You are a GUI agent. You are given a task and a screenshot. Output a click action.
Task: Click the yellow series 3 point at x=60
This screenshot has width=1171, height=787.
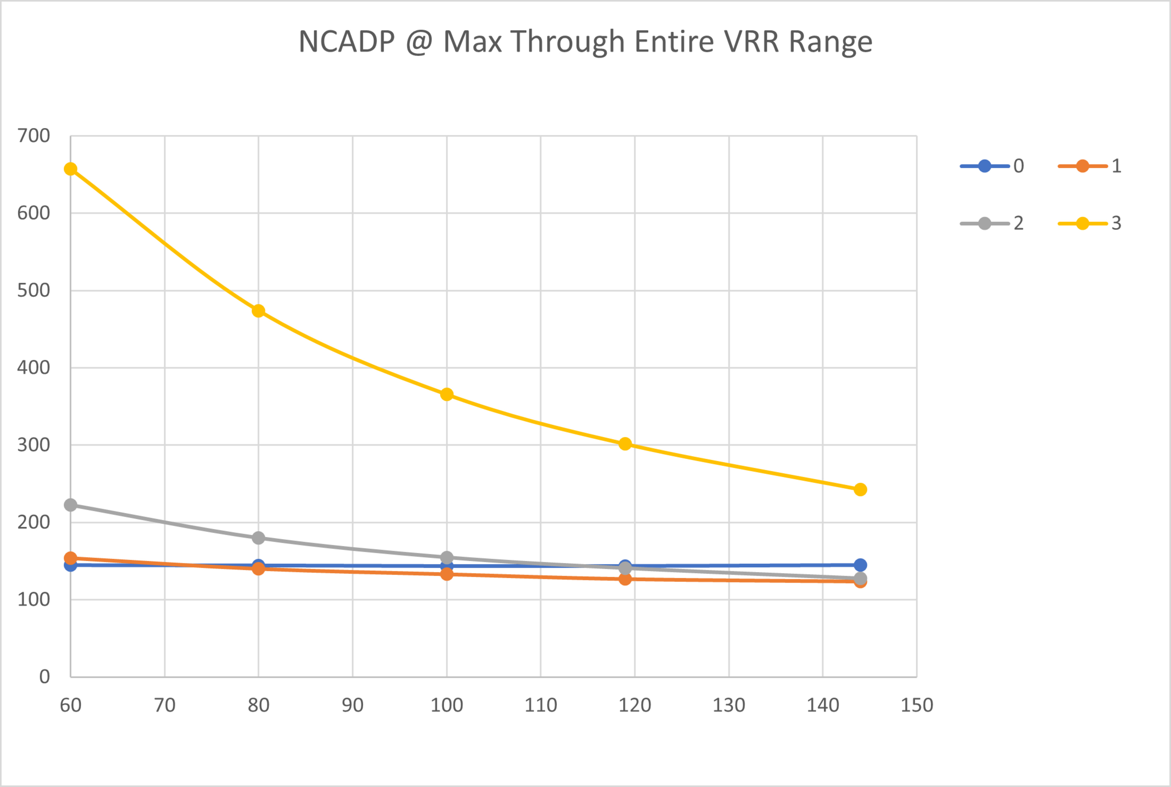click(71, 169)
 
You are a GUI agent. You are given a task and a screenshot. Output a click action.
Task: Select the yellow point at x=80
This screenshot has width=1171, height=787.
click(258, 311)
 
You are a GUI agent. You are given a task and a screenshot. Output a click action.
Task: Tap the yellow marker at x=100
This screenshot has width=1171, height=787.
click(447, 395)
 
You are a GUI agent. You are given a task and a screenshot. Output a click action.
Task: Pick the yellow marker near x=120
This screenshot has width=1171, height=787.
click(625, 444)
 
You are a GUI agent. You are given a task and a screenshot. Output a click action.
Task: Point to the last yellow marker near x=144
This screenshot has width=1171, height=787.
click(860, 489)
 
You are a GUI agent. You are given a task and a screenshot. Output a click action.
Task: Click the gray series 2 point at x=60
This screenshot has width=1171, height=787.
click(71, 505)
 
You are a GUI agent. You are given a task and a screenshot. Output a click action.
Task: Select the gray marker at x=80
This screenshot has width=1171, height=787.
click(258, 538)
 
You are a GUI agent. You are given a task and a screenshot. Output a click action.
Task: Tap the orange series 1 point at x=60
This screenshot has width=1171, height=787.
click(71, 558)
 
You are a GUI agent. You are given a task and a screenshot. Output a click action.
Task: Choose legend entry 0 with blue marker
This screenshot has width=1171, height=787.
click(992, 166)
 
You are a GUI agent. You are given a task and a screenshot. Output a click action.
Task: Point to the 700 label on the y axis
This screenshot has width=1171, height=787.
click(34, 136)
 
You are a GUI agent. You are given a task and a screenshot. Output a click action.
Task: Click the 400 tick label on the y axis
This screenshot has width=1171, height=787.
click(34, 368)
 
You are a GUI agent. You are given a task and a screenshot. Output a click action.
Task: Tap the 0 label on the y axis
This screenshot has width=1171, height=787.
click(45, 677)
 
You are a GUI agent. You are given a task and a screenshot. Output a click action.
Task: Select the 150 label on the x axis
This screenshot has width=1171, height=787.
click(917, 705)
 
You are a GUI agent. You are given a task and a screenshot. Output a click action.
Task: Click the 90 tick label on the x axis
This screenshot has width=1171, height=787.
click(353, 705)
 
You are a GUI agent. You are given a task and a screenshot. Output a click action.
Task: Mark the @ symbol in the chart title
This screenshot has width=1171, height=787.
click(419, 42)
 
